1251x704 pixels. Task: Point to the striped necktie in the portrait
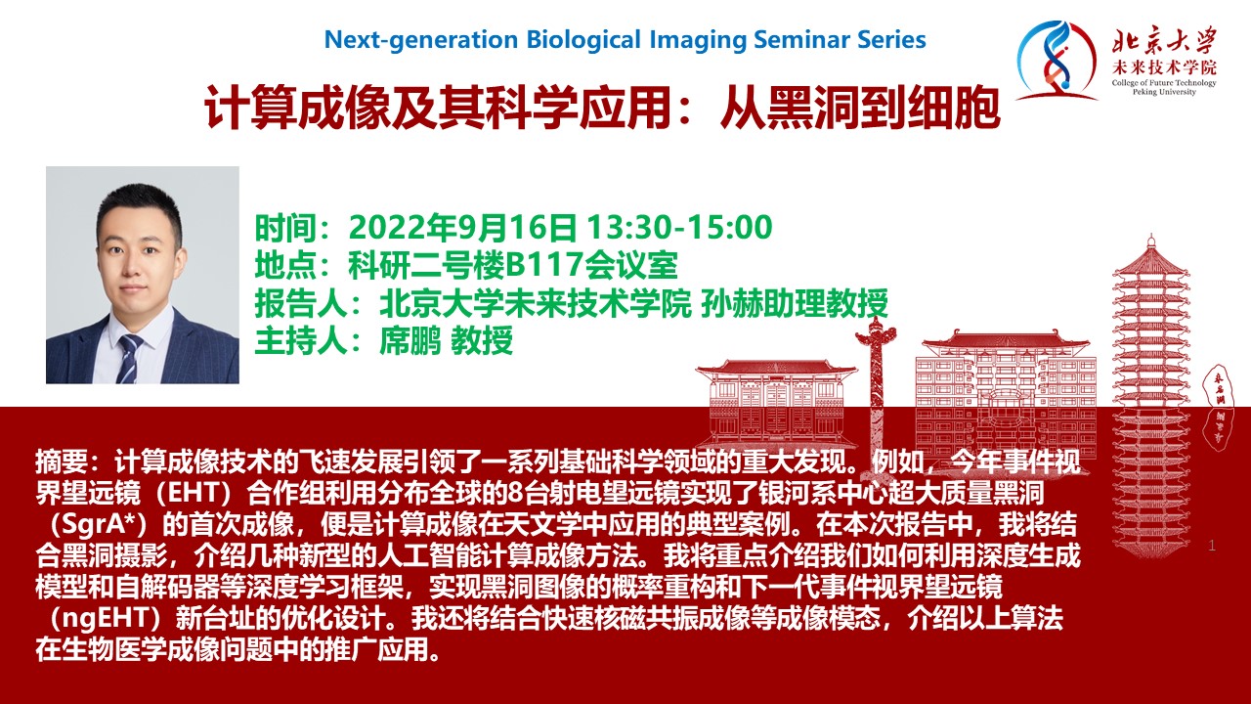[130, 357]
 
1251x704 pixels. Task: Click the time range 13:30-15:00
[679, 227]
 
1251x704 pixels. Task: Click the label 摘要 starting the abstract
[62, 462]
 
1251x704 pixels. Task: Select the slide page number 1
[1211, 546]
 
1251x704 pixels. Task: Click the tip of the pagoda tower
[1151, 235]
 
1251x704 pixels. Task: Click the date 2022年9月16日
[462, 227]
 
